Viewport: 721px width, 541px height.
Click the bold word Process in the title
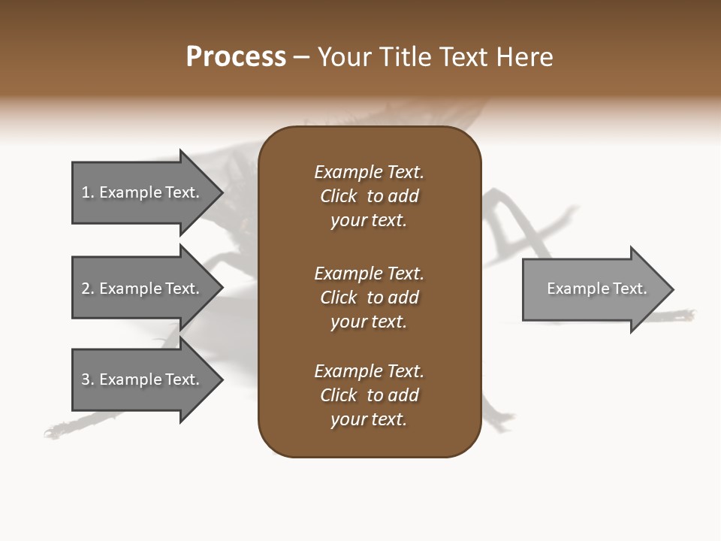click(x=236, y=57)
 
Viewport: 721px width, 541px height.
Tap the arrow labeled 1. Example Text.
click(x=140, y=192)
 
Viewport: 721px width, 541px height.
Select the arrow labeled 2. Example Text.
click(x=140, y=289)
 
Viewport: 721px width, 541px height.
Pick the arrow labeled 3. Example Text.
click(x=140, y=379)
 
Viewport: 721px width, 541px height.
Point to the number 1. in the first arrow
click(x=88, y=192)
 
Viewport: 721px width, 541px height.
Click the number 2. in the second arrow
click(x=88, y=289)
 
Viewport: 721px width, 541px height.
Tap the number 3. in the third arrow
click(x=88, y=379)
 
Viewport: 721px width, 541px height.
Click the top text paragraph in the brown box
click(x=369, y=196)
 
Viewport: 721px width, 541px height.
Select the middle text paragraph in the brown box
click(x=369, y=298)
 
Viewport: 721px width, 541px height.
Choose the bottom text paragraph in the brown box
click(x=369, y=395)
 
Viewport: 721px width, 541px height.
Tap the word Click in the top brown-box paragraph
click(x=338, y=196)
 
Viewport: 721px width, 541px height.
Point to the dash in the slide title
click(x=302, y=58)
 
